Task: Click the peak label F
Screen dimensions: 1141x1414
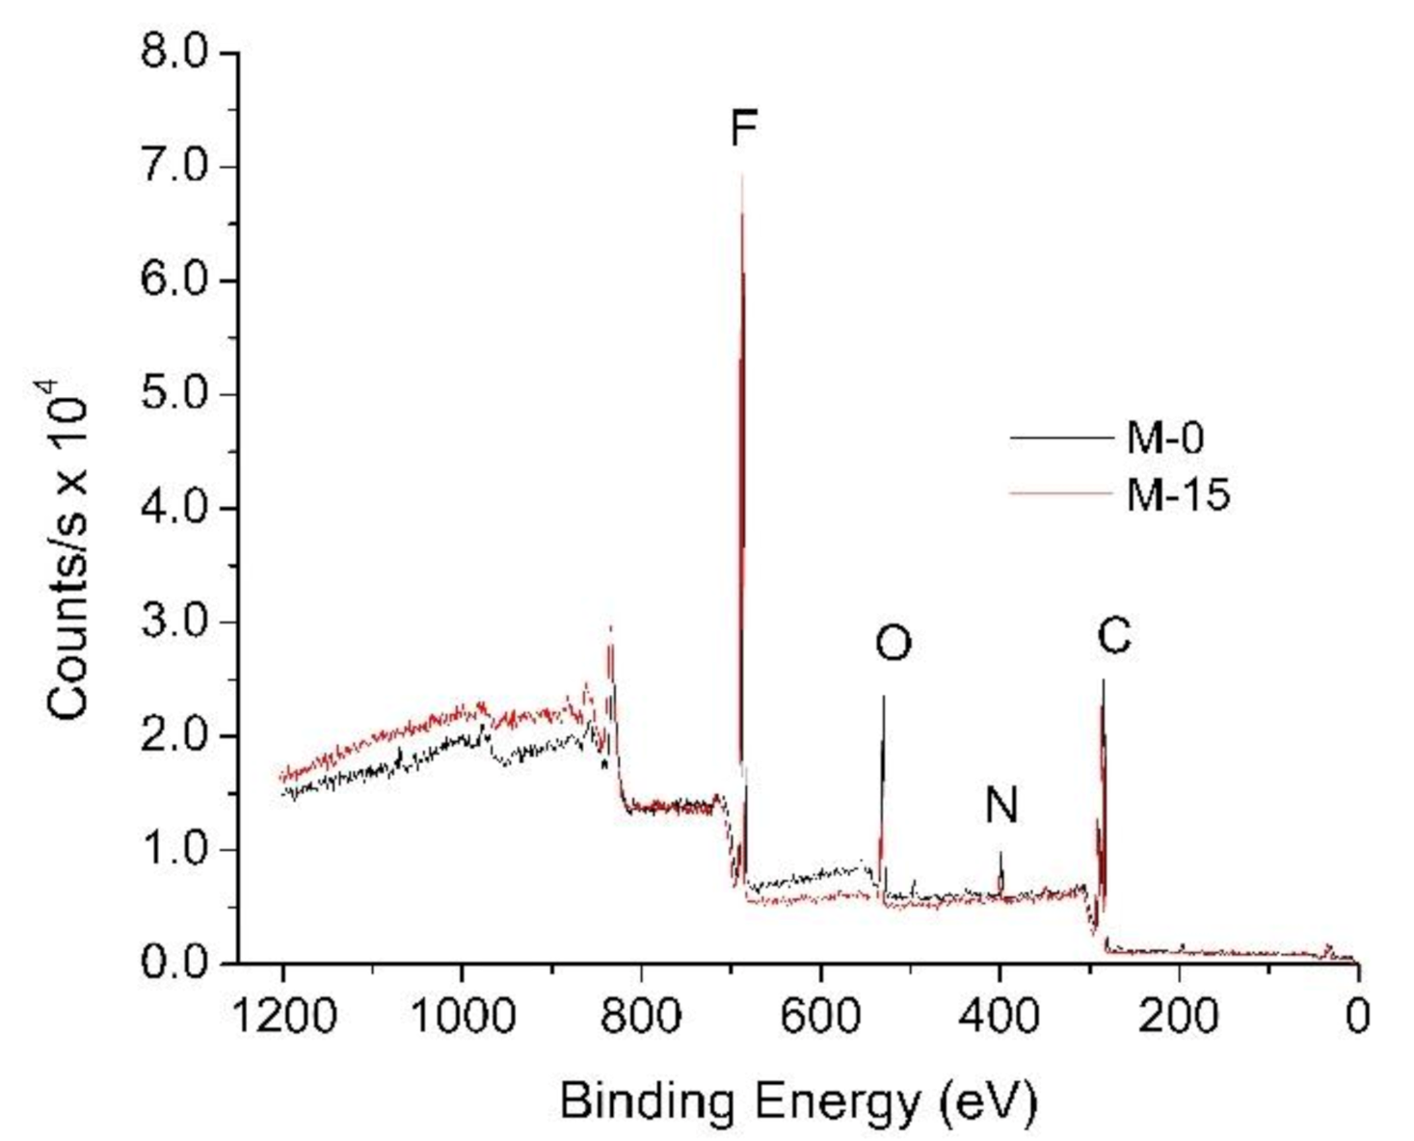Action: (x=743, y=127)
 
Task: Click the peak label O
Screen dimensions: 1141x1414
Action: (x=893, y=644)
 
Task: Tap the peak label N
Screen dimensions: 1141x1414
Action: (x=1001, y=806)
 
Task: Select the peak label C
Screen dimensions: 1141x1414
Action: (x=1113, y=636)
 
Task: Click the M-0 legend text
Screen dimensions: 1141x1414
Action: (x=1165, y=438)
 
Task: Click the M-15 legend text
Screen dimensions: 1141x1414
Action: (x=1178, y=495)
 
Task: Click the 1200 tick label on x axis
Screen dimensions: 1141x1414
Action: (x=283, y=1016)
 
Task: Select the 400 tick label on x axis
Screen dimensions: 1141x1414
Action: (x=1000, y=1016)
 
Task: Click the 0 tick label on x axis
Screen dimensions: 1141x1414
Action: (x=1357, y=1016)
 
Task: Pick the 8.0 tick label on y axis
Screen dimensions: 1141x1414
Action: (x=174, y=52)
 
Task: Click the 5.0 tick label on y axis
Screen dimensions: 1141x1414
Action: (x=174, y=394)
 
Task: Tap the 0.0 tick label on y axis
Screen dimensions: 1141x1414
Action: (x=174, y=963)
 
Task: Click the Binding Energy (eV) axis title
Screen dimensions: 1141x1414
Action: (x=798, y=1100)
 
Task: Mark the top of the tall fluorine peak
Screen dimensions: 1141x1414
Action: (x=742, y=174)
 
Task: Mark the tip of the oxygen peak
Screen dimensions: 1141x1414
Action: (x=883, y=696)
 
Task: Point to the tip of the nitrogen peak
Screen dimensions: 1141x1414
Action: (x=1000, y=852)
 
